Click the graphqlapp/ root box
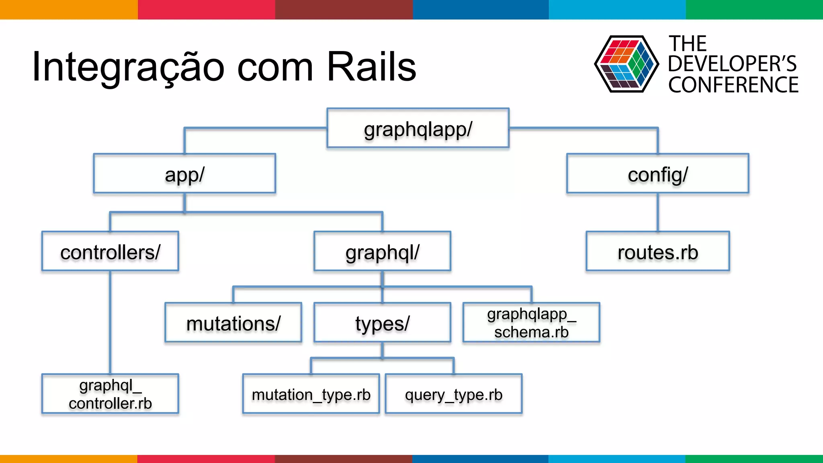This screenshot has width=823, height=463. point(418,128)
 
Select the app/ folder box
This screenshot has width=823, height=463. point(184,174)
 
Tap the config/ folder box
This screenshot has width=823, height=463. point(658,174)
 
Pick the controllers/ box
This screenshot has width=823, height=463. point(110,251)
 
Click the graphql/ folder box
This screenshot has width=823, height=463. point(382,251)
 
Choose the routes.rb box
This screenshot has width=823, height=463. point(658,251)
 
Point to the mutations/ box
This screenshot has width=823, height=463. point(233,322)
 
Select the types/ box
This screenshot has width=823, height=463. point(382,322)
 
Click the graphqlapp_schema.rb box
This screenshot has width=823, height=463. point(531,322)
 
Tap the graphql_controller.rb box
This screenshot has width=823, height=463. point(110,394)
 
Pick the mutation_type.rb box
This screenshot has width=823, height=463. point(311,394)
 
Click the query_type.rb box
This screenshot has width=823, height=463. point(454,394)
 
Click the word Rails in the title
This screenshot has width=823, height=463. point(371,67)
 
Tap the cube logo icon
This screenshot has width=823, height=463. point(626,64)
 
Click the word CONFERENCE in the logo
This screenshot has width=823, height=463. point(733,85)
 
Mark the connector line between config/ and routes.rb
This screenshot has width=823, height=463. point(658,212)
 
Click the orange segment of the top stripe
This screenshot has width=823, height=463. point(68,9)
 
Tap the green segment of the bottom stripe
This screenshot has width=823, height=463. point(754,459)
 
